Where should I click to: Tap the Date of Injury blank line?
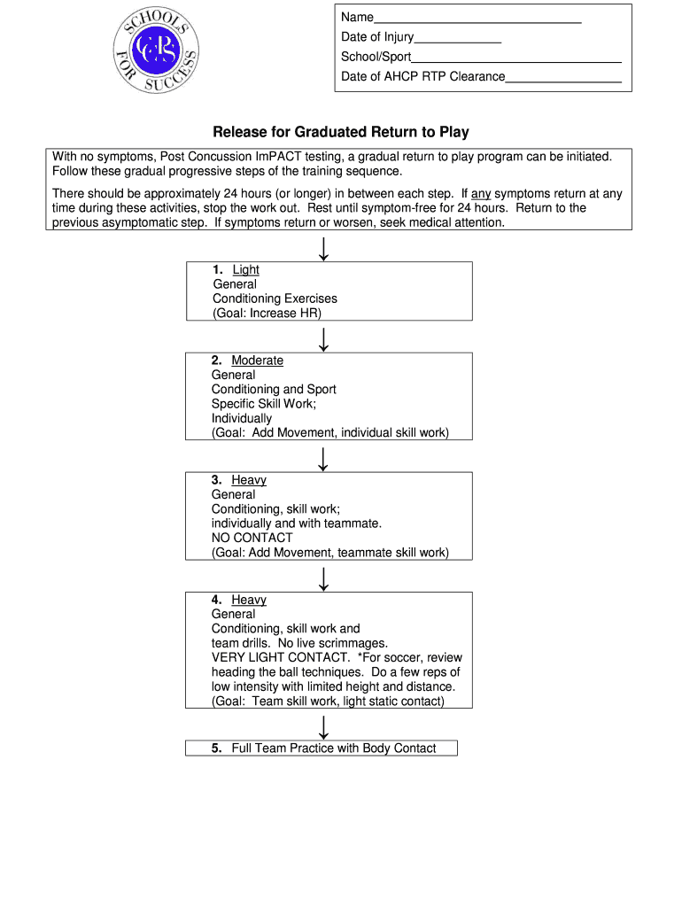click(x=457, y=38)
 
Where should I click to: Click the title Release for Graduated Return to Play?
click(x=340, y=132)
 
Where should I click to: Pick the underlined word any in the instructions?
click(x=480, y=193)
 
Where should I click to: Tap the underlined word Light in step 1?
click(x=245, y=270)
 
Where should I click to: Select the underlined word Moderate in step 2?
click(x=257, y=360)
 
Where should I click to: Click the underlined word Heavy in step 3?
click(x=249, y=480)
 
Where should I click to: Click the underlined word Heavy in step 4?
click(x=249, y=600)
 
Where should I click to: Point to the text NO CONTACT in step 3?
click(x=252, y=538)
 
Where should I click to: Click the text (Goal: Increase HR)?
click(x=267, y=314)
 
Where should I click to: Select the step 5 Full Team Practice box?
click(x=322, y=748)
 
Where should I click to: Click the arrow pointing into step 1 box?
click(x=324, y=248)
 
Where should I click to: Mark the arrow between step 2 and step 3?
click(x=324, y=458)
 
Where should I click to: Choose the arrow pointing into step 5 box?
click(x=324, y=726)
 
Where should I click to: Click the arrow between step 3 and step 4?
click(x=324, y=578)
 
